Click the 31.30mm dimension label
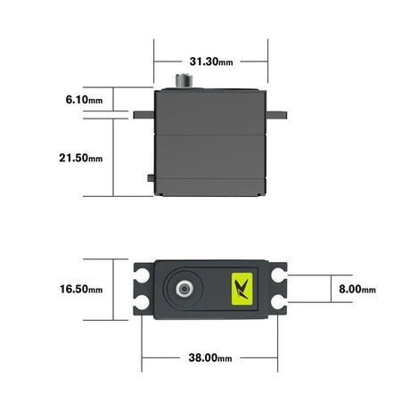click(x=211, y=61)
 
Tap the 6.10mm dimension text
click(x=84, y=100)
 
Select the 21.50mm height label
click(x=81, y=158)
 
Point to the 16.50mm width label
click(x=81, y=290)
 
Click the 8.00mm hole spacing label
click(x=357, y=290)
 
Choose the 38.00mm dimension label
click(x=211, y=358)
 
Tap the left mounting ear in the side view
click(x=143, y=114)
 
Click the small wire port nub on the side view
click(x=147, y=177)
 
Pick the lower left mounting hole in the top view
click(x=142, y=304)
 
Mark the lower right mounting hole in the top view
click(x=283, y=304)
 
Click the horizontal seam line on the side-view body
click(x=211, y=133)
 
